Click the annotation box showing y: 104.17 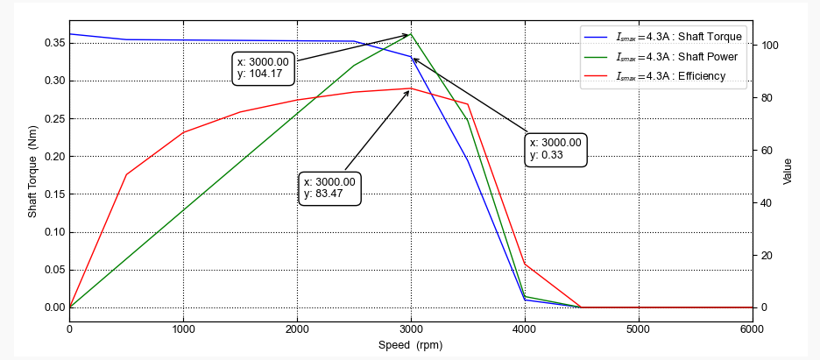pyautogui.click(x=263, y=67)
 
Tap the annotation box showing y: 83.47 pyautogui.click(x=329, y=187)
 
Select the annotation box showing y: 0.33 pyautogui.click(x=555, y=149)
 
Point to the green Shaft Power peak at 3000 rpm pyautogui.click(x=411, y=34)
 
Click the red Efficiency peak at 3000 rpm pyautogui.click(x=411, y=88)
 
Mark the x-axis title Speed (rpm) pyautogui.click(x=410, y=345)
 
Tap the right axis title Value pyautogui.click(x=788, y=171)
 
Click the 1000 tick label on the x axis pyautogui.click(x=183, y=328)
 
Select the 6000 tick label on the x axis pyautogui.click(x=751, y=328)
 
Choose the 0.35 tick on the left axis pyautogui.click(x=54, y=43)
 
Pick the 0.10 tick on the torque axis pyautogui.click(x=54, y=232)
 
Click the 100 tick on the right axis pyautogui.click(x=772, y=46)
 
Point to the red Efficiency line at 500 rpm pyautogui.click(x=126, y=174)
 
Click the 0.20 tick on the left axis pyautogui.click(x=54, y=157)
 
